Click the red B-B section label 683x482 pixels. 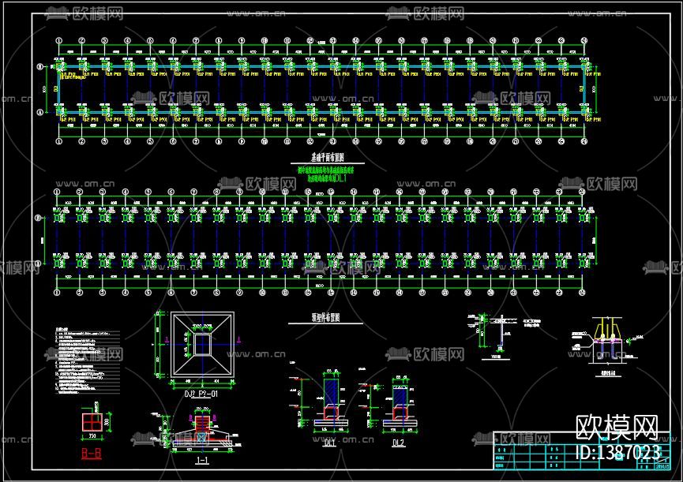pyautogui.click(x=91, y=454)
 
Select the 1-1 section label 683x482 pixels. pyautogui.click(x=201, y=458)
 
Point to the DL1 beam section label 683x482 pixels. pyautogui.click(x=329, y=443)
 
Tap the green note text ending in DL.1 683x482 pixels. pyautogui.click(x=325, y=178)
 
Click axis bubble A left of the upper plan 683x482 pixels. pyautogui.click(x=40, y=114)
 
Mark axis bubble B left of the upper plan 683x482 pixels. pyautogui.click(x=40, y=68)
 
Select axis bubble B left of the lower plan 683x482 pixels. pyautogui.click(x=40, y=219)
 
